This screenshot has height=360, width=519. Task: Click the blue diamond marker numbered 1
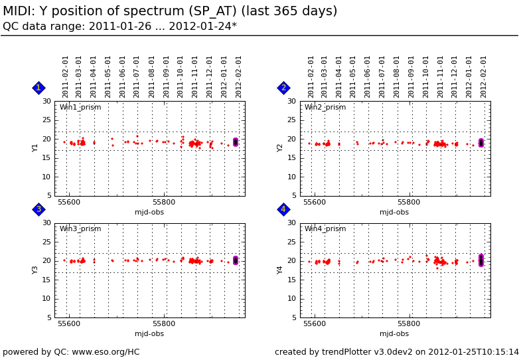[x=38, y=88]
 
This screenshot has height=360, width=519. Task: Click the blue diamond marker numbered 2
[x=283, y=88]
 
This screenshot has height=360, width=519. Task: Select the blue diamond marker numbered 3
[x=38, y=209]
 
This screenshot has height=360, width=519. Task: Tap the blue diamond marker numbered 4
[x=283, y=209]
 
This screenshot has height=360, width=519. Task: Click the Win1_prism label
[x=80, y=108]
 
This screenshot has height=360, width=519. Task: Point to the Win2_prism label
[x=325, y=108]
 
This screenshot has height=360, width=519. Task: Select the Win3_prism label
[x=80, y=229]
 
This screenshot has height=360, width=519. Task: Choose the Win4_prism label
[x=325, y=229]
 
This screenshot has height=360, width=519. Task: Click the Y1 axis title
[x=36, y=147]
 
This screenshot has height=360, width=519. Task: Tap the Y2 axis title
[x=281, y=147]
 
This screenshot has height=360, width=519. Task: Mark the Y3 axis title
[x=36, y=270]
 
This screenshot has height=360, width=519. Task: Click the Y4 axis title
[x=281, y=270]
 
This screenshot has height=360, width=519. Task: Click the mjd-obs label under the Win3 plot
[x=149, y=334]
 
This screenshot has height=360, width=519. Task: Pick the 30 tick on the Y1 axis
[x=46, y=102]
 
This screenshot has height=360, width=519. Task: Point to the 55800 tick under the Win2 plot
[x=409, y=202]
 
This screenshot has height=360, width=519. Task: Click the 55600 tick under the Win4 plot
[x=314, y=324]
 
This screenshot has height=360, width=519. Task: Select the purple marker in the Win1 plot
[x=236, y=142]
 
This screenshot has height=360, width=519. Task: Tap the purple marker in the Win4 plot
[x=481, y=260]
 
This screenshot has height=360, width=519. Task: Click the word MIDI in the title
[x=18, y=11]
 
